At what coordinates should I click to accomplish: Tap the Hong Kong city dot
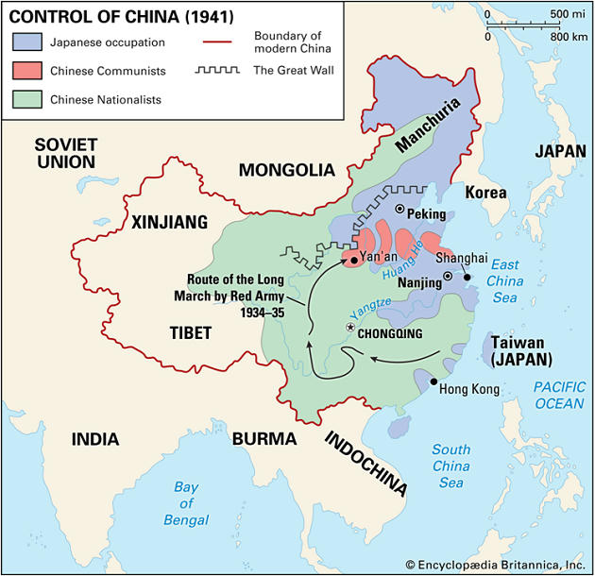click(433, 381)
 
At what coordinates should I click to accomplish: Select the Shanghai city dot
click(466, 278)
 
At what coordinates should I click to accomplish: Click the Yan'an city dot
click(352, 259)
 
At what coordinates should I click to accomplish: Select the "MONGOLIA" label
click(286, 170)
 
